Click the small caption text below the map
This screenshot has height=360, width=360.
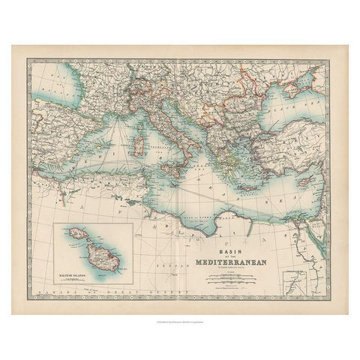point(180,320)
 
